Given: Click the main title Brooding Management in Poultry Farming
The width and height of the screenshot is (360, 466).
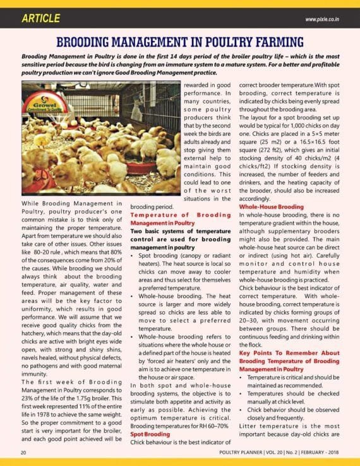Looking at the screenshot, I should [180, 43].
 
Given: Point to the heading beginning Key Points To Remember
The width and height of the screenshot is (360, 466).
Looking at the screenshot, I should [288, 352].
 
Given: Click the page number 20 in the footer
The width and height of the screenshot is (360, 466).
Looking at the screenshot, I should [23, 452].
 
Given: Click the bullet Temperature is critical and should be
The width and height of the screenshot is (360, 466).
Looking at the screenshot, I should [294, 377].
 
